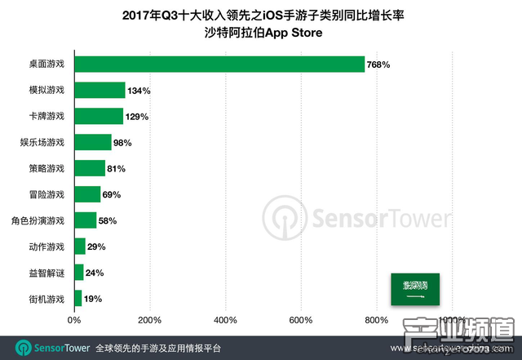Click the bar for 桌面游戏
coord(219,63)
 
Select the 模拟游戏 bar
coord(100,90)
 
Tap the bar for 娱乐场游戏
coord(93,142)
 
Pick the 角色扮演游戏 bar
coord(85,220)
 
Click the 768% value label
coord(379,64)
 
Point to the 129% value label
coord(138,116)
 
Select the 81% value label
coord(118,168)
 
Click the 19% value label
coord(93,299)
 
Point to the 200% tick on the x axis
coord(149,319)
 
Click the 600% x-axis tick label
coord(301,319)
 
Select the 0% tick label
coord(74,319)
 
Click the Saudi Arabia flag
coord(414,288)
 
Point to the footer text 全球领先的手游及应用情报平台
coord(157,347)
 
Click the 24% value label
coord(95,273)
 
